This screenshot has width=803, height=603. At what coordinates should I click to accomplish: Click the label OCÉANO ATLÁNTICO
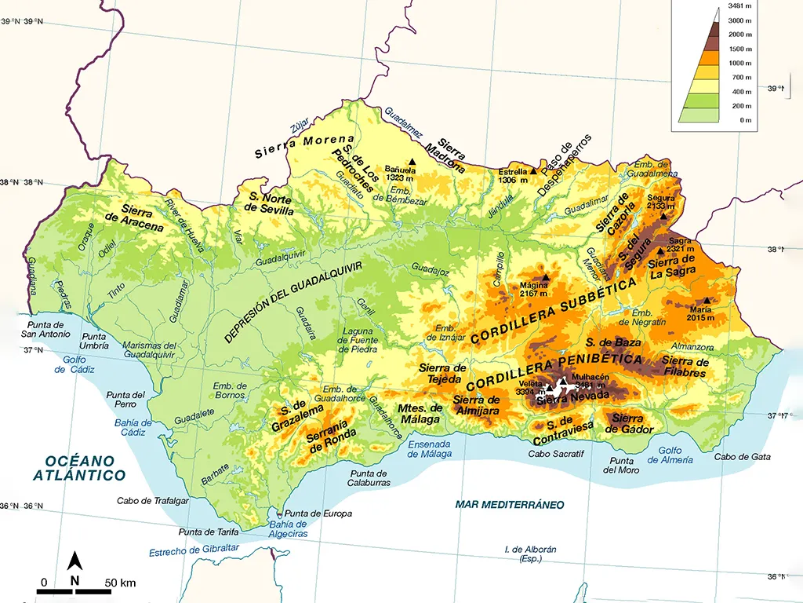pos(79,468)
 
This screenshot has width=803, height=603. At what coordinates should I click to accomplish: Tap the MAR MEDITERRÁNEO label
pos(510,504)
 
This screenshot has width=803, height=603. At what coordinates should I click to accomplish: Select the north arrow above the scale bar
pos(74,561)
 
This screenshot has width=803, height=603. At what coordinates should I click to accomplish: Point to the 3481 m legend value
pos(740,6)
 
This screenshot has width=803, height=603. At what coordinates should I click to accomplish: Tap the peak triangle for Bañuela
pos(411,162)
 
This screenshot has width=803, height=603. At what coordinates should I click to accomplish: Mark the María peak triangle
pos(707,300)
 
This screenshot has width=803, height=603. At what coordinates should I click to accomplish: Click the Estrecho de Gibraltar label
pos(194,550)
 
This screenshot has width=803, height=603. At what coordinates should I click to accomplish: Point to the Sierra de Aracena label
pos(143,219)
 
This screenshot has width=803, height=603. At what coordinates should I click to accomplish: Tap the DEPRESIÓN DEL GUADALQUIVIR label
pos(293,301)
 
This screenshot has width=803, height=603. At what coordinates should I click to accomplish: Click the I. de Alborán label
pos(530,554)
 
